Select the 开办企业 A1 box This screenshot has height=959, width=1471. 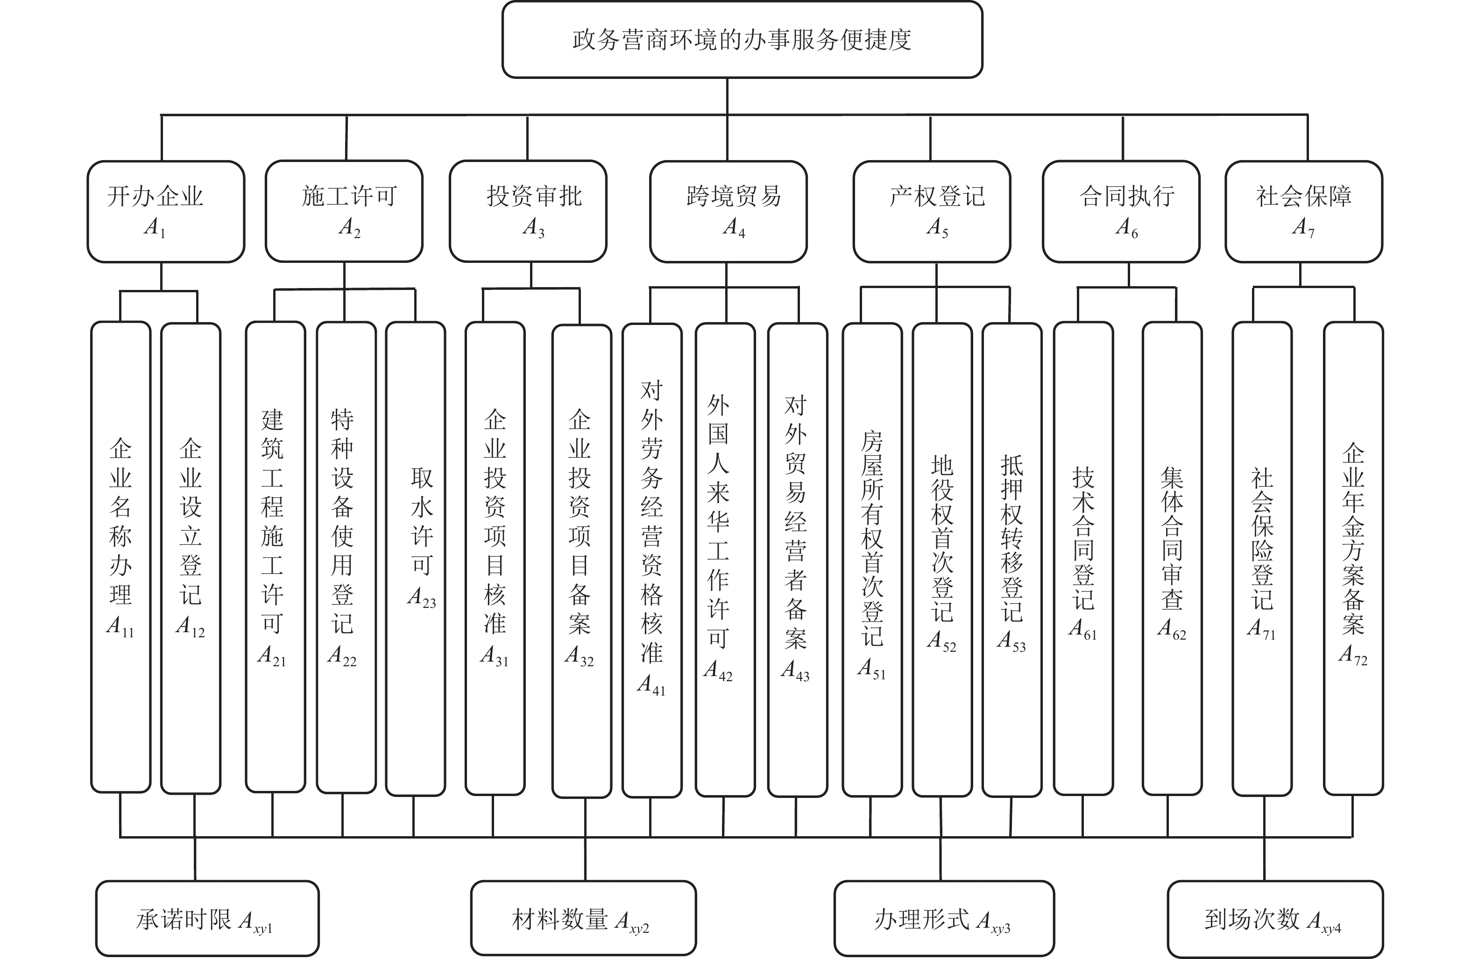[x=166, y=212]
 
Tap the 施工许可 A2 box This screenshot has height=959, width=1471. [x=344, y=212]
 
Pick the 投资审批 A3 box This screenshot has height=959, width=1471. [x=528, y=212]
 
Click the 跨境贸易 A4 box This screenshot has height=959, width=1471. [x=728, y=212]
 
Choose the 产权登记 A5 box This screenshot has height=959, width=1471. [x=932, y=212]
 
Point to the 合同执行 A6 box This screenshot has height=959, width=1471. [x=1121, y=212]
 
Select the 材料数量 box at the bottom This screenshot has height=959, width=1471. [x=583, y=919]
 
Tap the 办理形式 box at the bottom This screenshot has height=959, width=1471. [x=944, y=919]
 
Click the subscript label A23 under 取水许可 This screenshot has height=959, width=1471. [x=422, y=598]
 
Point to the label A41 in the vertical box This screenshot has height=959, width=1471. [x=651, y=684]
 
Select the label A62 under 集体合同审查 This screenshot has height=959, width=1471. [x=1172, y=629]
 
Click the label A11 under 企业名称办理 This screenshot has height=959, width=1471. [x=120, y=627]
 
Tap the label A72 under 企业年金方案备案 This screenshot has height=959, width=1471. [x=1353, y=655]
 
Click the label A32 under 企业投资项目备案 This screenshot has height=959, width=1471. [x=579, y=656]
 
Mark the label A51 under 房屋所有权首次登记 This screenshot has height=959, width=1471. [x=871, y=669]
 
